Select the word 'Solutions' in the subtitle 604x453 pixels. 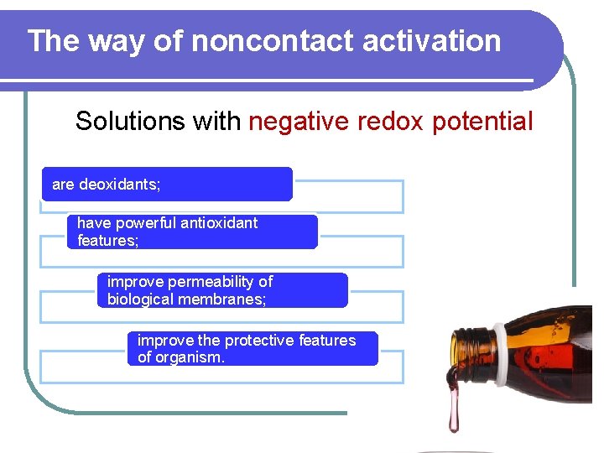pos(130,122)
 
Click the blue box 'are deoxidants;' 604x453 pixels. pos(167,184)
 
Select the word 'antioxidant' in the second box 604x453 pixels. pos(218,223)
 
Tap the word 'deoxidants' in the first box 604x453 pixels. pos(119,184)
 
